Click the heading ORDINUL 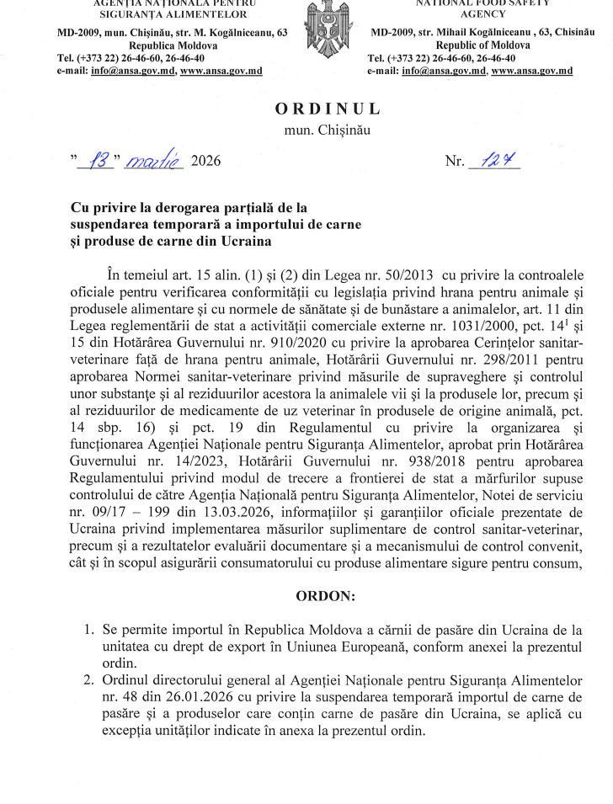pos(328,109)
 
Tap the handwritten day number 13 pos(101,159)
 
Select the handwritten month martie pos(155,159)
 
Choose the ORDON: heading pos(326,597)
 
